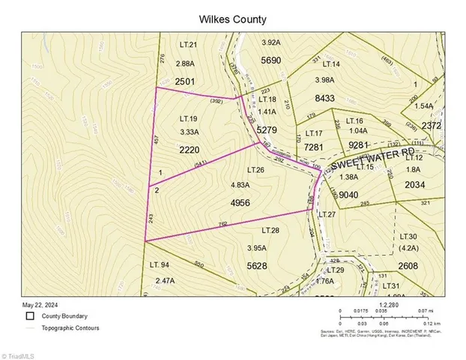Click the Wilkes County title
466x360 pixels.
pyautogui.click(x=232, y=19)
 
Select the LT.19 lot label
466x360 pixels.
pyautogui.click(x=188, y=118)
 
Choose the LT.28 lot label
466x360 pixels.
pyautogui.click(x=270, y=230)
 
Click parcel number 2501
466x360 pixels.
pyautogui.click(x=186, y=80)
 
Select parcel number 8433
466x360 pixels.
pyautogui.click(x=324, y=97)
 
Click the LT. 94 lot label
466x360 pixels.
pyautogui.click(x=160, y=264)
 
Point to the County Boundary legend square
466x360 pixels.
pyautogui.click(x=29, y=316)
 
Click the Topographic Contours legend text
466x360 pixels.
pyautogui.click(x=73, y=328)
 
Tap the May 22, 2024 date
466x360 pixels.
pyautogui.click(x=38, y=304)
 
